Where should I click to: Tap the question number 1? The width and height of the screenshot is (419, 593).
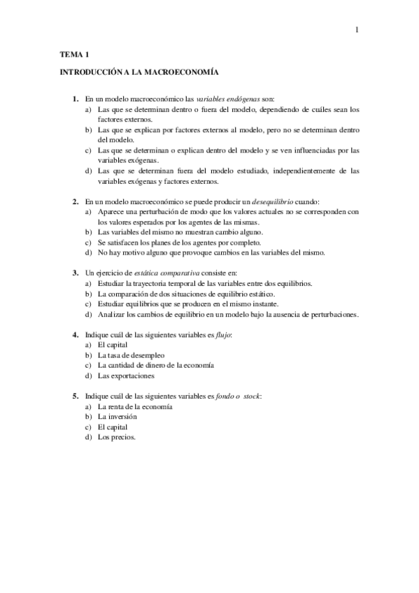[x=75, y=99]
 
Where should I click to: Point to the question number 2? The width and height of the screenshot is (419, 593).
[x=75, y=201]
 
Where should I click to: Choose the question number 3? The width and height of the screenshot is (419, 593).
[x=75, y=272]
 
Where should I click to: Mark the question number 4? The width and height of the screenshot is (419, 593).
[x=75, y=335]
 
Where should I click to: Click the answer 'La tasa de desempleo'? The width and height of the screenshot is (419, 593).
[x=131, y=355]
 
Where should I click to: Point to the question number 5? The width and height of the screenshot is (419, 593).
[x=75, y=396]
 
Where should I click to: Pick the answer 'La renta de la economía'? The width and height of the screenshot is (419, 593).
[x=135, y=406]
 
